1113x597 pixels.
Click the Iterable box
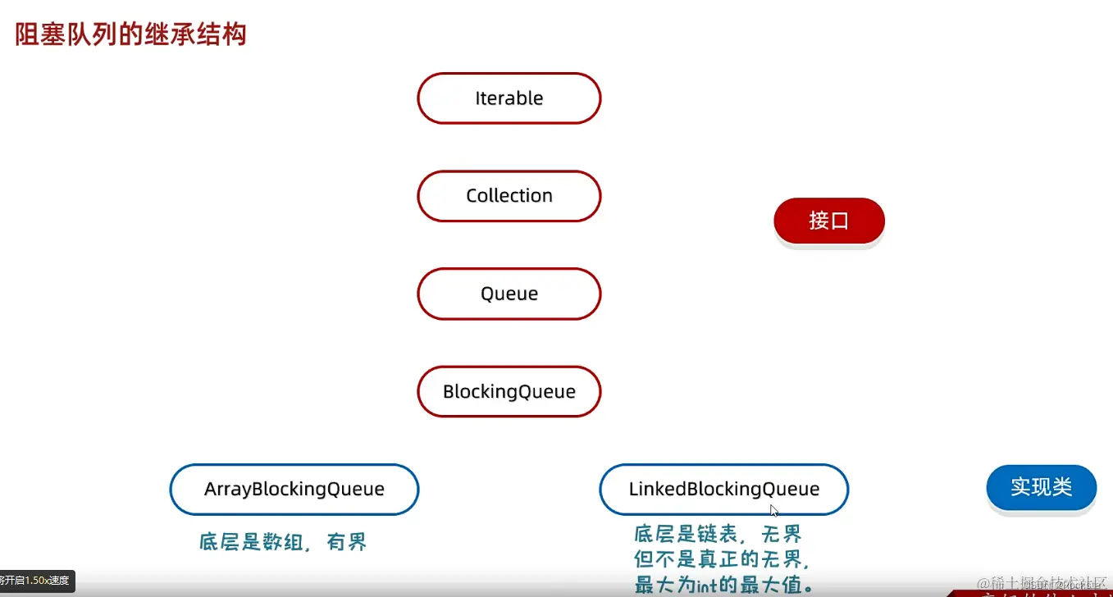click(x=509, y=98)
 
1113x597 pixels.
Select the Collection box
click(x=509, y=196)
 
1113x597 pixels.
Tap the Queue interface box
click(x=509, y=294)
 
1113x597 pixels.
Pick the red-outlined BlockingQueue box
click(x=509, y=391)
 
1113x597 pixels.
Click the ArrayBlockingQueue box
click(x=294, y=490)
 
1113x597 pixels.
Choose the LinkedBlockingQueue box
click(x=723, y=490)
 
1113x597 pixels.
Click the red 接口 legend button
click(x=828, y=221)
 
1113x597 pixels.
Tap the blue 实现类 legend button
click(x=1041, y=487)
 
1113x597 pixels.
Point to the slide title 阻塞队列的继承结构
click(x=131, y=34)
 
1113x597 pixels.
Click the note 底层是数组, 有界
click(x=283, y=542)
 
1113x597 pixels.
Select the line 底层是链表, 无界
click(x=718, y=535)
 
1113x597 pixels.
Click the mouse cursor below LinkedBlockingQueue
click(x=773, y=510)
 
